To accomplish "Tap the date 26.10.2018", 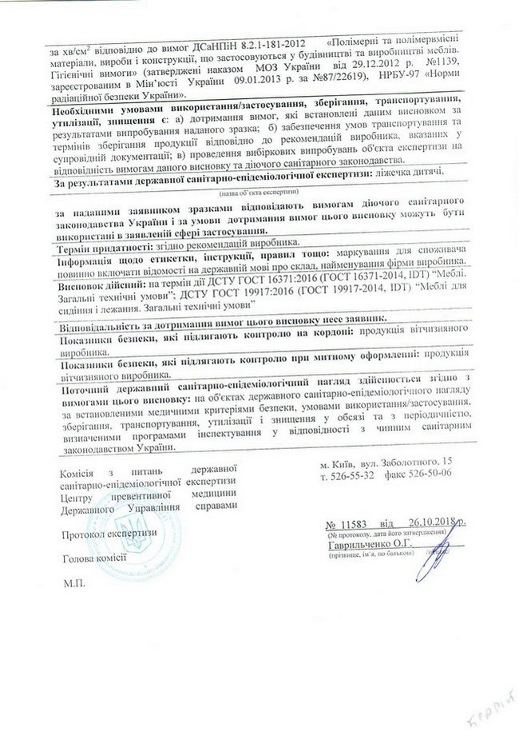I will (432, 523).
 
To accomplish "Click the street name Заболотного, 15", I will (412, 462).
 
